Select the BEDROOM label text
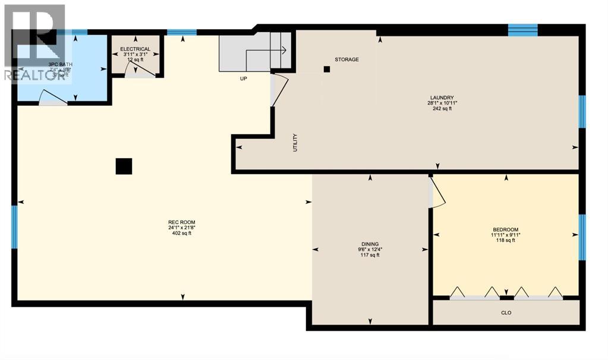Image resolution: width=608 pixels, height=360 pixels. [x=505, y=230]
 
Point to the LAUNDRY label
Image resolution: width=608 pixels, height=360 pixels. [x=442, y=97]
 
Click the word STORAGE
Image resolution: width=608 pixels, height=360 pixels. [x=346, y=59]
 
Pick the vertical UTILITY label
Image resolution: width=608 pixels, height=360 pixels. [x=295, y=143]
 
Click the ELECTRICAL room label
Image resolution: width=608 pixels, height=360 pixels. [x=135, y=49]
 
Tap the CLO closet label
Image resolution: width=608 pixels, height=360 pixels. [x=506, y=312]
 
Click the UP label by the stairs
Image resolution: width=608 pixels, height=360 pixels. [x=244, y=78]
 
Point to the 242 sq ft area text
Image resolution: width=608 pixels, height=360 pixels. [x=442, y=109]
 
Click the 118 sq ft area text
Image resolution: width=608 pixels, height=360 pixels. [x=505, y=241]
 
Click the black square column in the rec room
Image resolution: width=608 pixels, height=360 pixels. [x=124, y=166]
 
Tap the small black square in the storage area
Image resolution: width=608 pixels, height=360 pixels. [x=326, y=69]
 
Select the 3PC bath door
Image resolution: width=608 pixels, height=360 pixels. [x=53, y=98]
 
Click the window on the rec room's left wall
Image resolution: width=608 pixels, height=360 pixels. [x=15, y=226]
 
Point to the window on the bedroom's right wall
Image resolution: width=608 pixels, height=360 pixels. [x=582, y=237]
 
